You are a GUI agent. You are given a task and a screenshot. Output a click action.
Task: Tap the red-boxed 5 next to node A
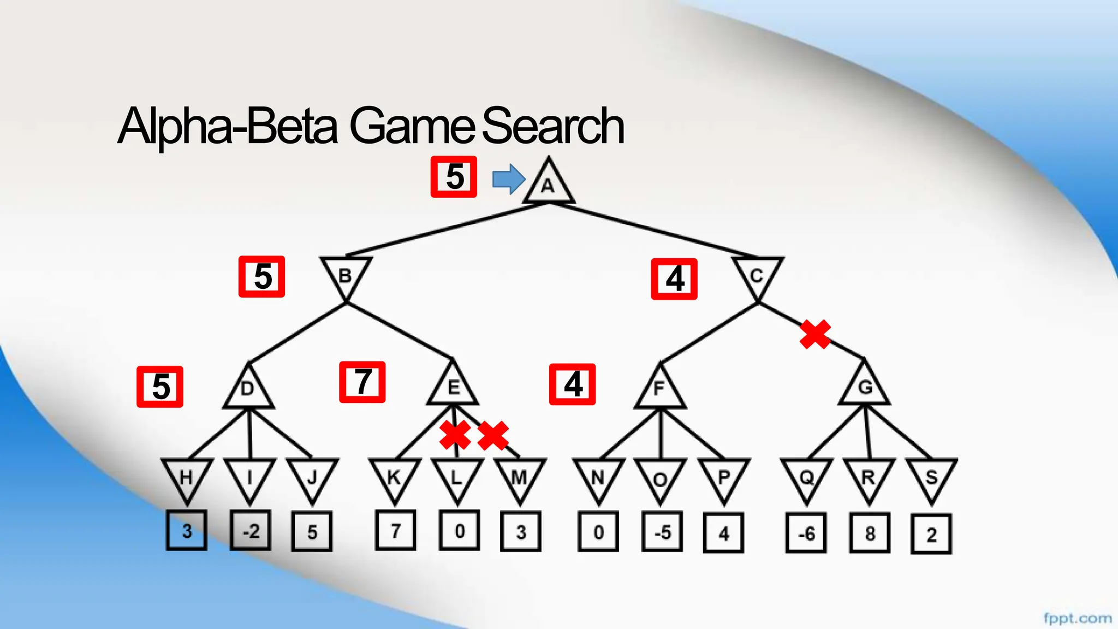454,177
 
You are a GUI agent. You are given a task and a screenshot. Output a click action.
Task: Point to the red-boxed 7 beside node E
362,382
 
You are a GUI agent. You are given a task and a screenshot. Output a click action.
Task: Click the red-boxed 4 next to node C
674,279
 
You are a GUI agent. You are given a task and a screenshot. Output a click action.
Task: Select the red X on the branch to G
815,334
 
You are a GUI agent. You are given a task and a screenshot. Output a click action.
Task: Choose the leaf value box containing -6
806,533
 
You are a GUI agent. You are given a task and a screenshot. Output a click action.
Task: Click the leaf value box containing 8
870,533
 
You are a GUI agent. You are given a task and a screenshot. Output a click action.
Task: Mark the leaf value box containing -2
251,531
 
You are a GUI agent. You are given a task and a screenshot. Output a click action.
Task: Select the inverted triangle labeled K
395,477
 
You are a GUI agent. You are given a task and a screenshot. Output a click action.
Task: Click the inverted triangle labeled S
931,477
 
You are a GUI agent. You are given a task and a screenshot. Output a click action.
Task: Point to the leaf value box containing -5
662,532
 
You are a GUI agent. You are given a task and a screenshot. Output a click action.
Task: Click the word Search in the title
552,127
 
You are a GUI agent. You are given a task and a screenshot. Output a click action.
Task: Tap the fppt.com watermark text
1077,618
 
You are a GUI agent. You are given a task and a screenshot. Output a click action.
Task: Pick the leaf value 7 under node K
396,530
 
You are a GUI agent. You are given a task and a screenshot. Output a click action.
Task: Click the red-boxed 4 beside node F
572,384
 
